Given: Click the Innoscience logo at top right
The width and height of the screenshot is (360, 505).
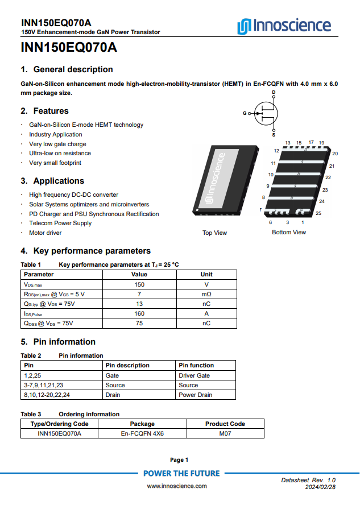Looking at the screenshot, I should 284,26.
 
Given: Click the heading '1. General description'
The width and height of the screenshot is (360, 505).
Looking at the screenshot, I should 67,69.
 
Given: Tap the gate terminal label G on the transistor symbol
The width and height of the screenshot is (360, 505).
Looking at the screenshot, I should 245,113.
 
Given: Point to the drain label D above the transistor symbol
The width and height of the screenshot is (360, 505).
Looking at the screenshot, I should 274,92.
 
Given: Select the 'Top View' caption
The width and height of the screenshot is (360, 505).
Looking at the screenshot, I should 214,233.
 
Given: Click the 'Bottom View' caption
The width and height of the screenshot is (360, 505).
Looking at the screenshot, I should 288,232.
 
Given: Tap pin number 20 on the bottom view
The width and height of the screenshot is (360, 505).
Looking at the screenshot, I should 335,154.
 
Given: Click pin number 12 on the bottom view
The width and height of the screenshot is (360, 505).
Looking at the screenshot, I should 276,151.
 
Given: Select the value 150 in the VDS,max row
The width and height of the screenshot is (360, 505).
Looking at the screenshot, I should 139,284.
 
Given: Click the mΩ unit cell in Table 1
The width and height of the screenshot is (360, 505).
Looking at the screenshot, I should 206,294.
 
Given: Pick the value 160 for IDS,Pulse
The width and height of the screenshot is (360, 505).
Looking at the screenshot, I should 139,313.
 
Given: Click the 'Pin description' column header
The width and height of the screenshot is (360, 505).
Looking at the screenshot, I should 128,365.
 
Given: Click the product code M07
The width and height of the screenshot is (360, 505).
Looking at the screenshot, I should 225,433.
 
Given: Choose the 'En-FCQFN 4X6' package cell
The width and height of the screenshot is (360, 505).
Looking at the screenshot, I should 142,433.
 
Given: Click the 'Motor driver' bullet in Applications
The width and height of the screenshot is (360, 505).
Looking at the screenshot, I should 45,233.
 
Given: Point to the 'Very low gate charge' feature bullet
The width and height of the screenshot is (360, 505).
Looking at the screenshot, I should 57,144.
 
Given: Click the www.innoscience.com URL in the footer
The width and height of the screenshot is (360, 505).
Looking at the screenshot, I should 177,486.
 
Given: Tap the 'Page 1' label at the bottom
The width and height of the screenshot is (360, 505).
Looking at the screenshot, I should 179,460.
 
